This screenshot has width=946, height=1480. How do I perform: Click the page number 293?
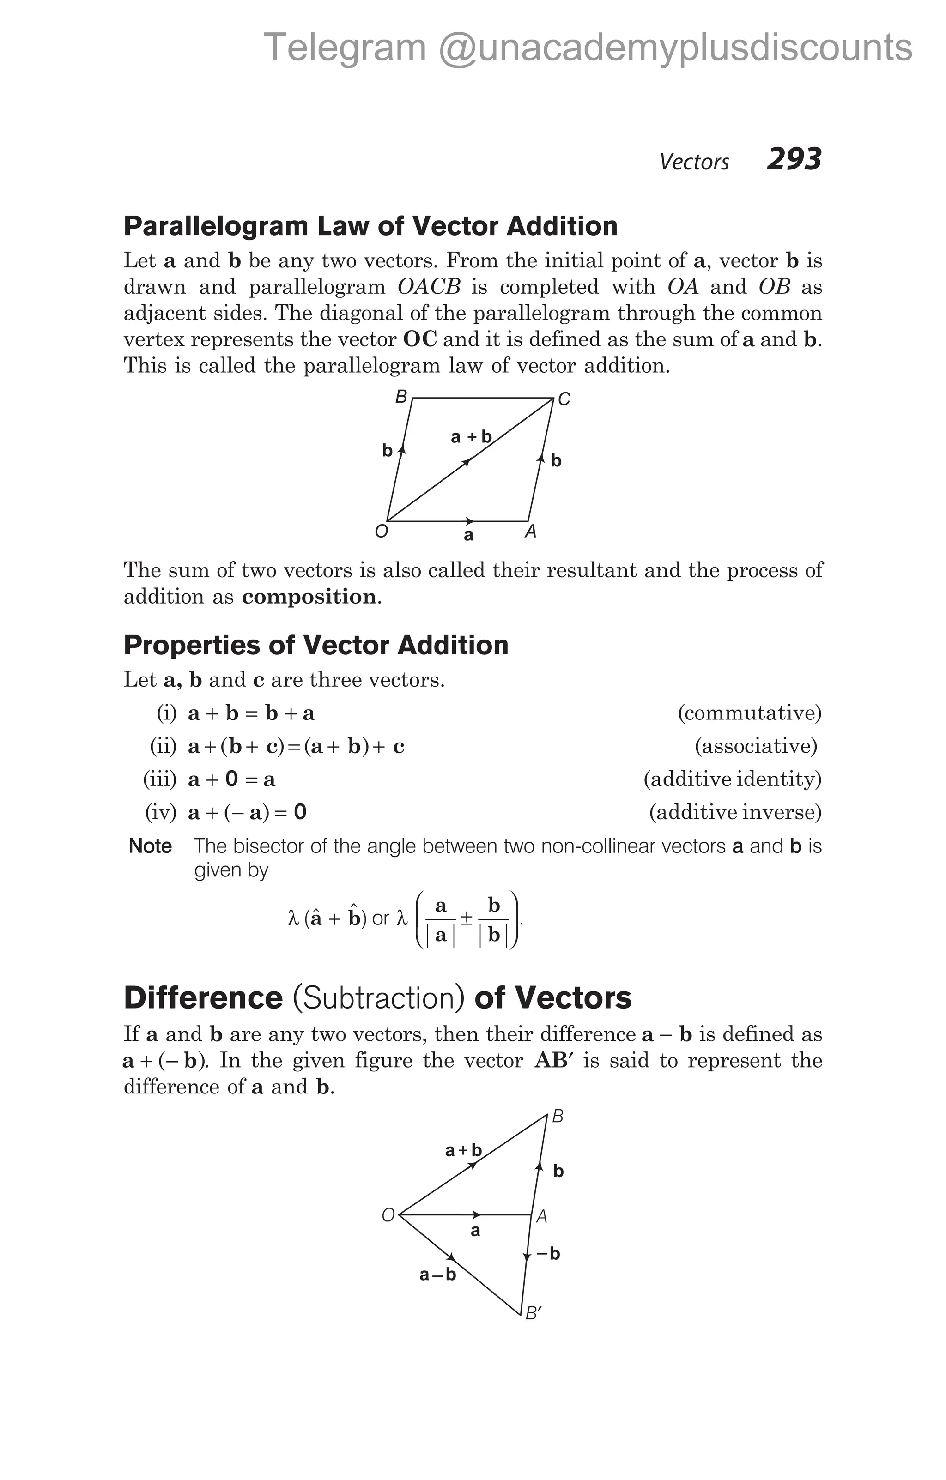coord(794,159)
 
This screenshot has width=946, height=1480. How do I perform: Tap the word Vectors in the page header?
coord(694,162)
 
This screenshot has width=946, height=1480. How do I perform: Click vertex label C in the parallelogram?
coord(564,400)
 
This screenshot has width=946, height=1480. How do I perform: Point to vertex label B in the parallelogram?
coord(401,397)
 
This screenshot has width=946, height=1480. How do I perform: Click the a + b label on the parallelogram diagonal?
coord(472,437)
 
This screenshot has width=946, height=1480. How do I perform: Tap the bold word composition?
coord(309,597)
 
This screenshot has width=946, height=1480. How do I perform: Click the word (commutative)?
coord(749,713)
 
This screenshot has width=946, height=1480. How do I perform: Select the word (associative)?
coord(755,746)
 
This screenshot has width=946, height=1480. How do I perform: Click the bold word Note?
coord(150,846)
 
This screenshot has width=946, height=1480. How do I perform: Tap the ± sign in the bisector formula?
coord(467,918)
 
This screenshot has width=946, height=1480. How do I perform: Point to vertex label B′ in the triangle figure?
coord(534,1313)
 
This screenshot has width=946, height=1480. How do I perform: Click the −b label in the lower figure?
coord(548,1254)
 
